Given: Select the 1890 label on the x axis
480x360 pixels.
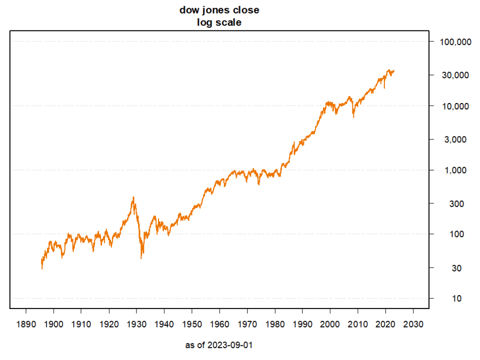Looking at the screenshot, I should (x=26, y=323).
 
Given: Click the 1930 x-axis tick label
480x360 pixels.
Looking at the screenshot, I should (x=136, y=323).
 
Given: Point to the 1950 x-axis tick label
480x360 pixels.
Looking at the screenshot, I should (x=192, y=323).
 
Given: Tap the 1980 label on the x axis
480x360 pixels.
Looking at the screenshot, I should (x=274, y=323).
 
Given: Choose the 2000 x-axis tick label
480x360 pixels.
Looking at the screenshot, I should (x=330, y=323).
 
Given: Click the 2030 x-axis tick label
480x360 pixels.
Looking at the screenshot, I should (x=413, y=323).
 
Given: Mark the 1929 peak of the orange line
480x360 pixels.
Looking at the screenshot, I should (x=133, y=197).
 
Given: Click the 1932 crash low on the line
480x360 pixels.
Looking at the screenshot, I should (x=141, y=258).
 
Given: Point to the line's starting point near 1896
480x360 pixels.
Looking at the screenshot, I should (x=42, y=268).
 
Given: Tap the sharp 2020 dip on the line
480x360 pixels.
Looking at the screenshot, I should (x=384, y=88).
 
